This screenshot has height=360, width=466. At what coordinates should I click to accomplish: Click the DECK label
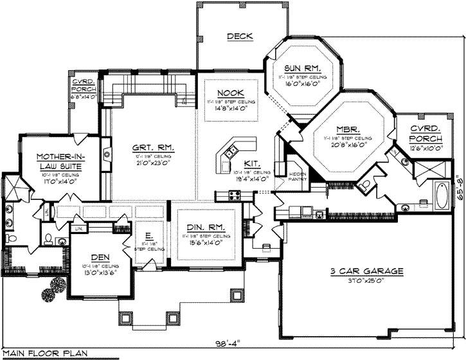(x=239, y=37)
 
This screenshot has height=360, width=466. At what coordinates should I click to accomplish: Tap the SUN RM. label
(x=303, y=68)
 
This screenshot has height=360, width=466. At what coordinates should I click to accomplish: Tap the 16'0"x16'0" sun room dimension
(x=303, y=84)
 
